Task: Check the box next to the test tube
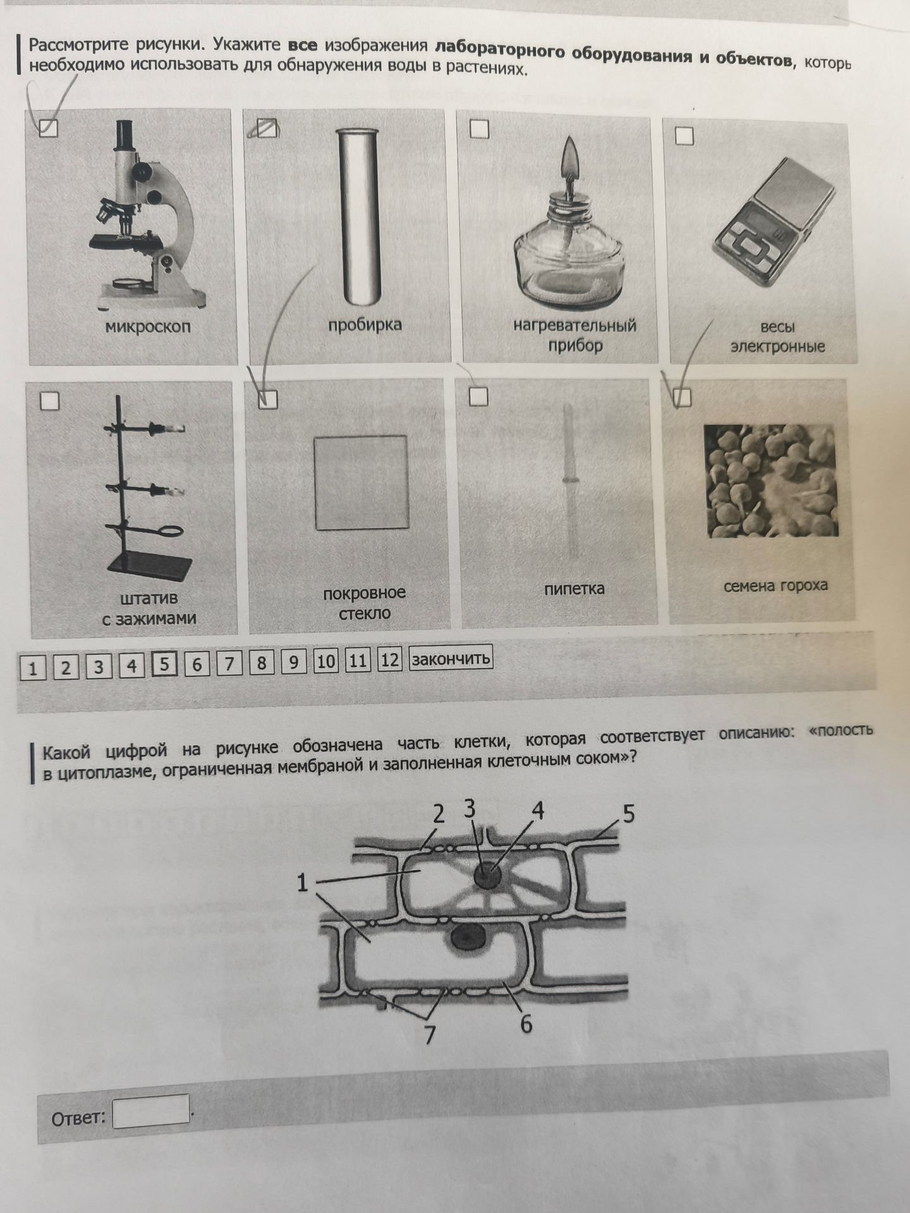(x=268, y=128)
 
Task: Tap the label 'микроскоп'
(x=148, y=327)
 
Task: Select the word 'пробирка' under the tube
(x=365, y=325)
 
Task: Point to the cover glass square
(x=361, y=482)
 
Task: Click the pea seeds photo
(x=771, y=480)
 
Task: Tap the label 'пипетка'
(x=574, y=589)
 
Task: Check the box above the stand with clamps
(x=49, y=400)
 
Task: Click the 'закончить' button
(x=451, y=658)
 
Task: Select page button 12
(x=389, y=660)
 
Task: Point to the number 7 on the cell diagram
(x=430, y=1034)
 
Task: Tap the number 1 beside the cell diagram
(x=303, y=883)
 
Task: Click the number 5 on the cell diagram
(x=628, y=814)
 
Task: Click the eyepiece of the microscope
(x=124, y=135)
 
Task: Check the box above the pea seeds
(x=682, y=397)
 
